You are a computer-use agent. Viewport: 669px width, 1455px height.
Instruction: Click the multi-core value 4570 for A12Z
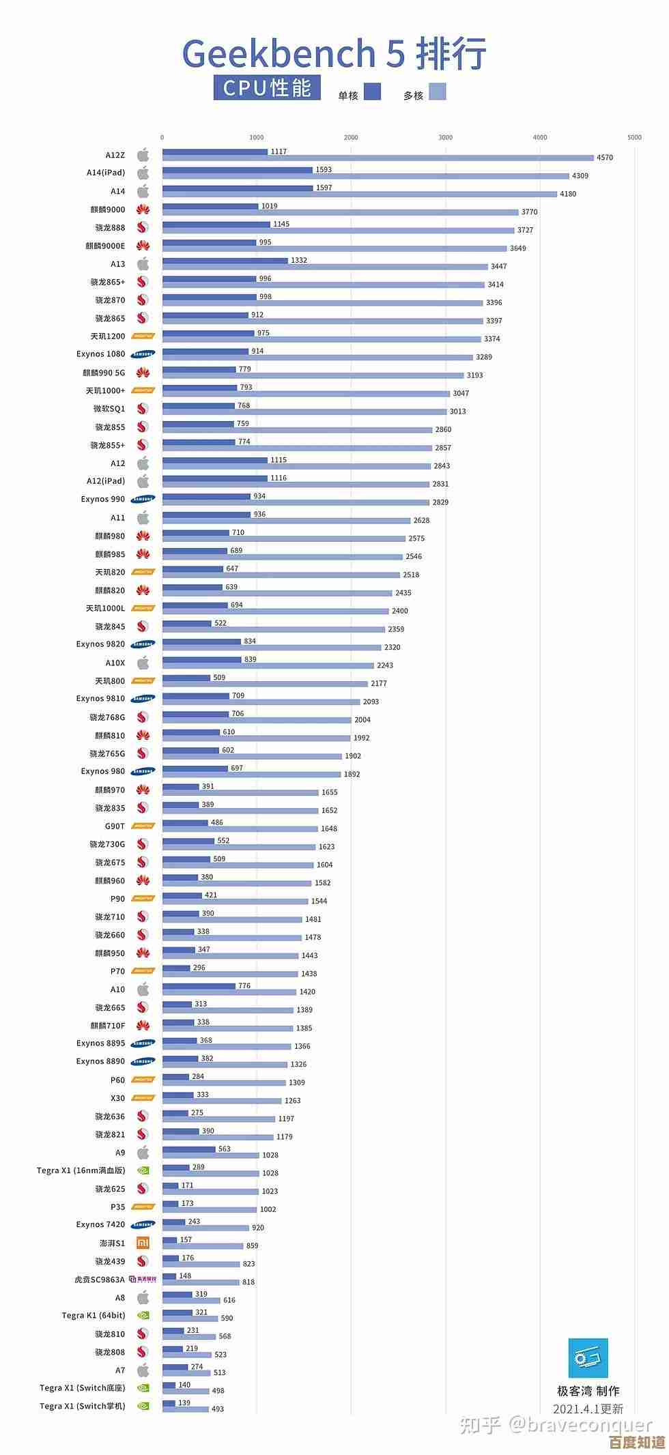click(604, 158)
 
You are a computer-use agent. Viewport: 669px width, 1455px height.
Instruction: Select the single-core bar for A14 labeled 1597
click(238, 188)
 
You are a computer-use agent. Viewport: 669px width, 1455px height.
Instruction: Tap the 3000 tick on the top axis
click(445, 137)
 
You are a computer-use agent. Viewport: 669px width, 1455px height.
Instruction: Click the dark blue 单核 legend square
click(372, 91)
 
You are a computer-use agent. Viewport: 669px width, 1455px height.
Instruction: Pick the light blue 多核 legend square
click(437, 91)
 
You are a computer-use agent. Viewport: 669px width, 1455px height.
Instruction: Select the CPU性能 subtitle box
click(267, 88)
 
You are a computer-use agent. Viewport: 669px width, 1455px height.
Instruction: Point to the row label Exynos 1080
click(101, 354)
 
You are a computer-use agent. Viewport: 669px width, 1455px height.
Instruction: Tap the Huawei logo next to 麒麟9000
click(143, 210)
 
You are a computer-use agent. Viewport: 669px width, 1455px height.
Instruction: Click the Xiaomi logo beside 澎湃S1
click(143, 1243)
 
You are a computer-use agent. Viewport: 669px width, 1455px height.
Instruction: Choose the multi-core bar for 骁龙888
click(338, 231)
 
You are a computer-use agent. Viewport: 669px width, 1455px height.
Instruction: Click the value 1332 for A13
click(298, 260)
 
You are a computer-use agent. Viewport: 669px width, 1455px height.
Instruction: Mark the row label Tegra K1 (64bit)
click(94, 1315)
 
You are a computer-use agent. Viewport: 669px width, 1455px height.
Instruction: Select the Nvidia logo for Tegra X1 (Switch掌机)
click(143, 1406)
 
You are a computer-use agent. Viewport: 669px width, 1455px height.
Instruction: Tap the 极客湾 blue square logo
click(588, 1358)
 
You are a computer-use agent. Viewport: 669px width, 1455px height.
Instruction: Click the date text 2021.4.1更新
click(588, 1409)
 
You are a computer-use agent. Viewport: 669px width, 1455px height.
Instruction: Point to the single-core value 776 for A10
click(244, 985)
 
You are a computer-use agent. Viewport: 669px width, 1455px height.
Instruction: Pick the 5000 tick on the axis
click(634, 137)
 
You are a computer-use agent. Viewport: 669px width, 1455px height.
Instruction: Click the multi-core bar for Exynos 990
click(296, 502)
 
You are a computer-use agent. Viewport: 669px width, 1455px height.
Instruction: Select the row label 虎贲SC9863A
click(100, 1280)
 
